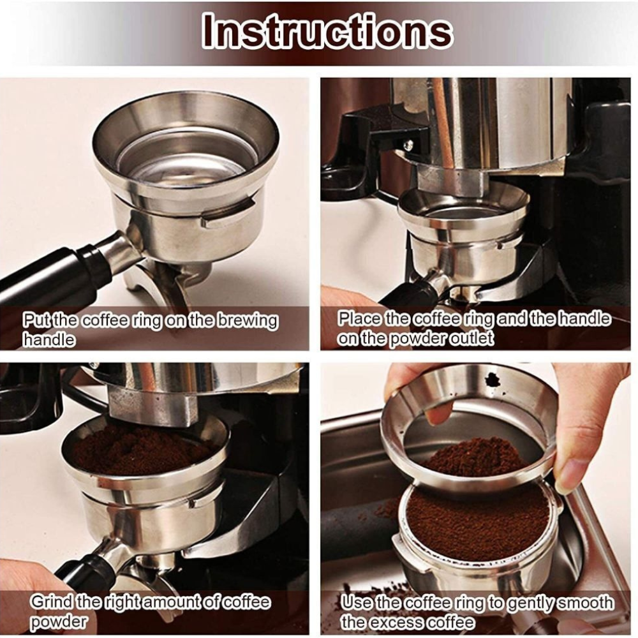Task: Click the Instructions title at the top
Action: point(327,31)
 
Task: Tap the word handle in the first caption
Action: point(48,339)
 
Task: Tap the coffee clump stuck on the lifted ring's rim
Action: point(493,380)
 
